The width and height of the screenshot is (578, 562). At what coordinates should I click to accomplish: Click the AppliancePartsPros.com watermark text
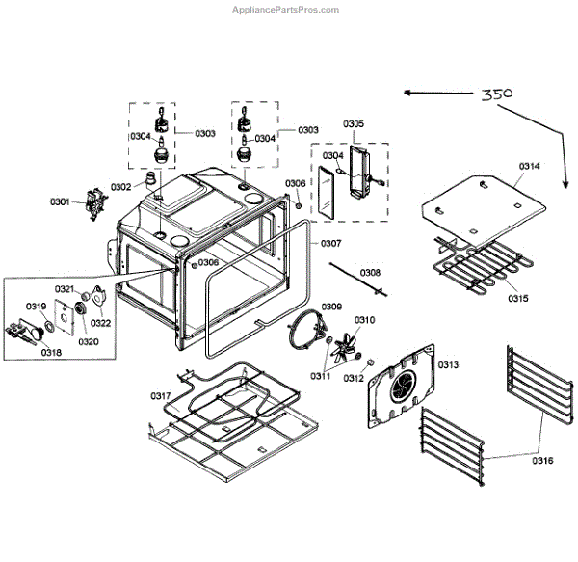click(286, 10)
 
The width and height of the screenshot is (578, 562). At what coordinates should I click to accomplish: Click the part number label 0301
click(61, 201)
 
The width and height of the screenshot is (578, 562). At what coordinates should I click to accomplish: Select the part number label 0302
click(121, 186)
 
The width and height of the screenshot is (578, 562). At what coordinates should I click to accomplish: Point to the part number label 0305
click(353, 124)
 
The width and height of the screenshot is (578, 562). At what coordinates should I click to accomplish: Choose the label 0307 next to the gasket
click(331, 243)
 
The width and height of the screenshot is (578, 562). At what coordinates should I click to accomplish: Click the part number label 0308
click(370, 273)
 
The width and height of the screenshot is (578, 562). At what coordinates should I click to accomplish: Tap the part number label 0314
click(530, 166)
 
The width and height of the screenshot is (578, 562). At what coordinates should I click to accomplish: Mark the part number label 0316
click(542, 461)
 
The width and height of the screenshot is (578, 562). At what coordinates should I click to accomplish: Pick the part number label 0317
click(160, 396)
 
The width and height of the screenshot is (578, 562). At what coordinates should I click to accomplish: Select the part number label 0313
click(448, 364)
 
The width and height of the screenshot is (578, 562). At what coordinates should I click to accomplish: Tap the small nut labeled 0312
click(368, 361)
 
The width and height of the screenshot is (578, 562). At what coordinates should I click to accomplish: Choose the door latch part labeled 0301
click(92, 202)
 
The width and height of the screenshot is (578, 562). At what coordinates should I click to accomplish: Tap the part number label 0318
click(50, 353)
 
